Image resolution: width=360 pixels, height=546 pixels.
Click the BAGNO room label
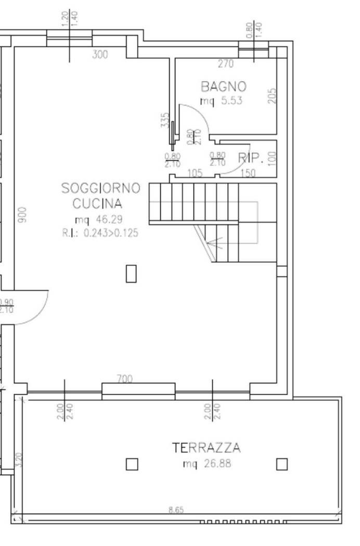pos(224,86)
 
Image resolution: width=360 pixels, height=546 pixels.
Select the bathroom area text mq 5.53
pos(222,101)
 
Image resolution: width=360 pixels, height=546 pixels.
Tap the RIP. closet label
pos(249,158)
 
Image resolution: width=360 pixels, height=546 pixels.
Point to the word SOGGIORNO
pos(101,188)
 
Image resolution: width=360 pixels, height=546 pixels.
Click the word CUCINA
pos(97,203)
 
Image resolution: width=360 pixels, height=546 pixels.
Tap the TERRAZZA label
pos(207,448)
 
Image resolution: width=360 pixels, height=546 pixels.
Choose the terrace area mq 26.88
pos(207,463)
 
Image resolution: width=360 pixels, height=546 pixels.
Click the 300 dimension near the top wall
pos(100,54)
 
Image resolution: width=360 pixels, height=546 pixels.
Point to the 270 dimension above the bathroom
pos(225,64)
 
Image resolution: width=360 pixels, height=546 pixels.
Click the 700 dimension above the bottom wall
pos(124,379)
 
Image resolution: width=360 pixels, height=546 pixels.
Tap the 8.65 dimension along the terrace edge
pos(176,510)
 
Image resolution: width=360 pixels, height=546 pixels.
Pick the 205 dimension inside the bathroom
pos(272,95)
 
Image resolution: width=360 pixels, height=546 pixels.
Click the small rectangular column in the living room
pos(131,274)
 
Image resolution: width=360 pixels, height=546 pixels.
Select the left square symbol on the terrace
pos(132,464)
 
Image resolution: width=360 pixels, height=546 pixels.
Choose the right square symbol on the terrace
pos(281,464)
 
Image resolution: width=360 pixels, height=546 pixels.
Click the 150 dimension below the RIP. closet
pos(248,174)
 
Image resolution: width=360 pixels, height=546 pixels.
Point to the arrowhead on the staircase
pos(209,241)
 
